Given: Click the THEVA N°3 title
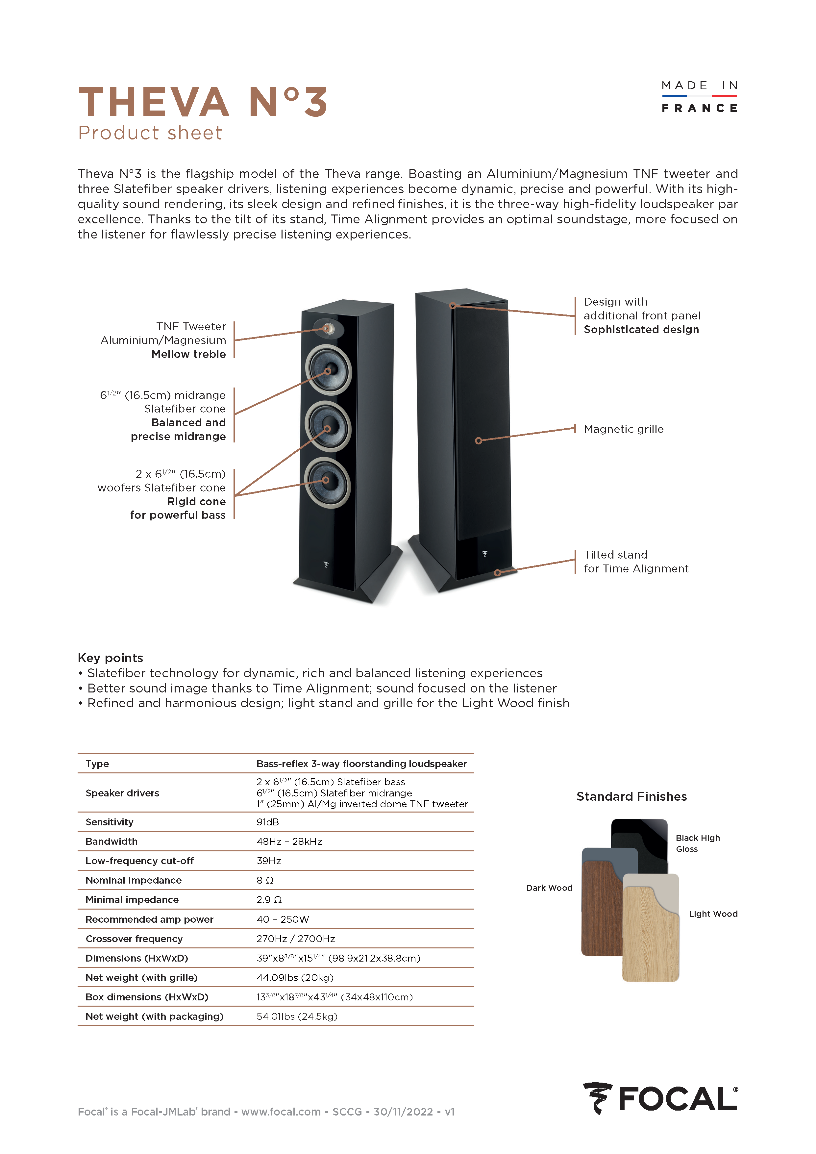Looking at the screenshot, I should (x=203, y=102).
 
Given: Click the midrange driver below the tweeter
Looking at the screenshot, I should (x=328, y=370).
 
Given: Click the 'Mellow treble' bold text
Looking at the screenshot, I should (x=188, y=354).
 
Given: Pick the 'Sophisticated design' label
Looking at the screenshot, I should (x=641, y=330).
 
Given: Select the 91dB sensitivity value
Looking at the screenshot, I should (x=267, y=822).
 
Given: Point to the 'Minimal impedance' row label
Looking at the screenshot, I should (x=132, y=900).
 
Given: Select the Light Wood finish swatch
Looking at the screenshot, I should (x=650, y=935).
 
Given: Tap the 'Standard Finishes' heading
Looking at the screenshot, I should (x=631, y=797).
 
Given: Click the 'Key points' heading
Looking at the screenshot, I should (x=110, y=658).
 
